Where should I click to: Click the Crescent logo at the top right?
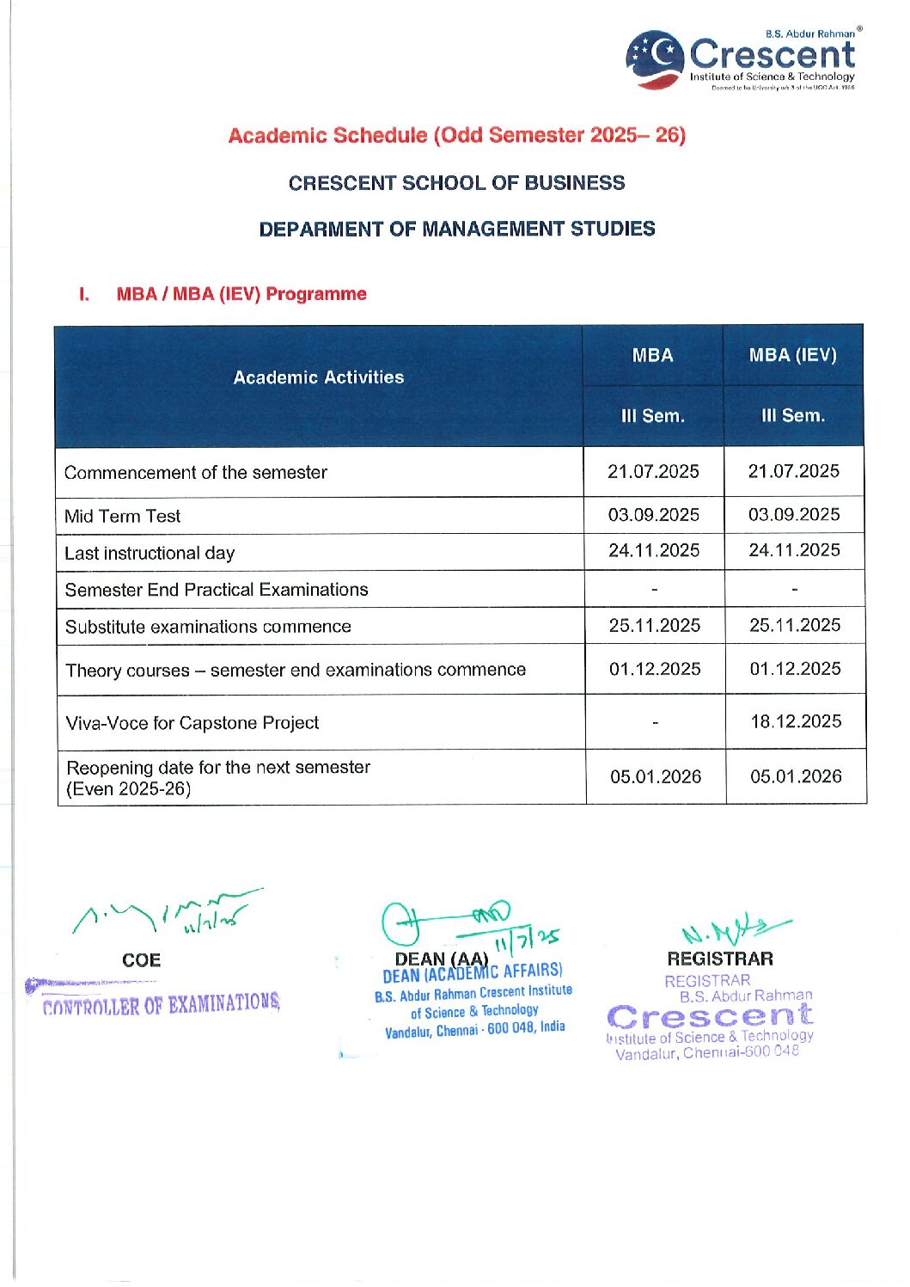[x=741, y=58]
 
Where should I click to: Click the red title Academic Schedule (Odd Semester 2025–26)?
[x=456, y=136]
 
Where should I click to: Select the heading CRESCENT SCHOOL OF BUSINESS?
[x=456, y=183]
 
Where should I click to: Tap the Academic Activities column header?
[x=319, y=377]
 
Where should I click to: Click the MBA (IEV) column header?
[x=792, y=355]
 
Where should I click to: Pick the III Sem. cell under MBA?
[x=653, y=416]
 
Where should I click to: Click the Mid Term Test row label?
[x=123, y=517]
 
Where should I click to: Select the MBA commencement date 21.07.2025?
[x=653, y=471]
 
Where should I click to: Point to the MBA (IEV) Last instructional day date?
[x=794, y=550]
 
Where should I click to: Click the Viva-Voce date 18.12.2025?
[x=796, y=721]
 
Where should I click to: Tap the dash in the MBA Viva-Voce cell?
[x=656, y=723]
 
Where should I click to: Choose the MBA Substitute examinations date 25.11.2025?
[x=655, y=626]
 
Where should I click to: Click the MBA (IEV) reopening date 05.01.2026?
[x=796, y=776]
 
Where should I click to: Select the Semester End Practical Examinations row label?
[x=217, y=590]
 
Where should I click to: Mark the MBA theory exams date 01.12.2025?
[x=655, y=669]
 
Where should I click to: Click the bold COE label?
[x=142, y=960]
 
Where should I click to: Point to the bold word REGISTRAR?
[x=720, y=959]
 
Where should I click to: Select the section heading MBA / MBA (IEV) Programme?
[x=241, y=294]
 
